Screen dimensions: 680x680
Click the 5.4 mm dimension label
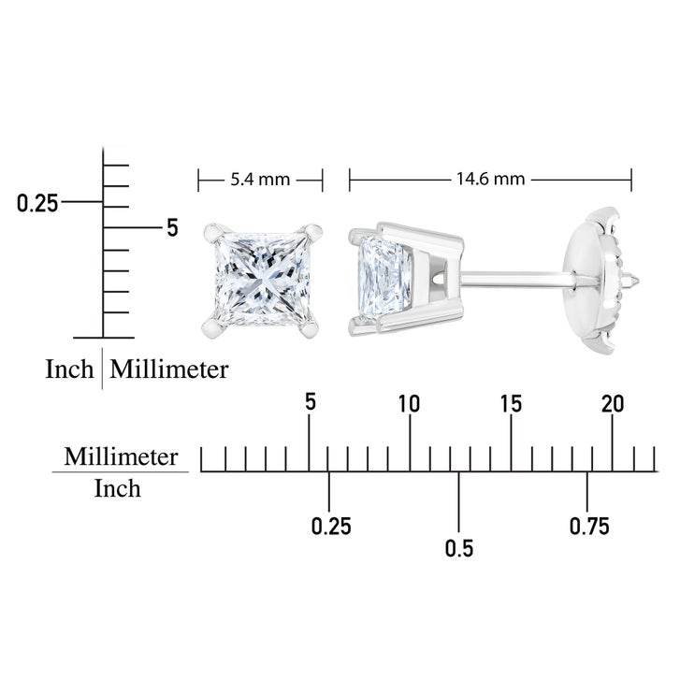point(260,179)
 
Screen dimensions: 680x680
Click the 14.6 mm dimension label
point(490,179)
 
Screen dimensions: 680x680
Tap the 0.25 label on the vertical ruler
point(37,203)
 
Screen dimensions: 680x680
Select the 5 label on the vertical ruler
point(173,227)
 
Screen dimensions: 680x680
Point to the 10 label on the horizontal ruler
point(410,404)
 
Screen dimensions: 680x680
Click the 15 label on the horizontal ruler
point(511,404)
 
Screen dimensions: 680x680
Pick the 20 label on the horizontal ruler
point(613,404)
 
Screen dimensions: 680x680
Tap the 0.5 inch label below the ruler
point(459,548)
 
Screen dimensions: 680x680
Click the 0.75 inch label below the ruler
point(589,526)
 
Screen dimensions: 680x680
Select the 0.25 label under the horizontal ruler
point(331,526)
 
